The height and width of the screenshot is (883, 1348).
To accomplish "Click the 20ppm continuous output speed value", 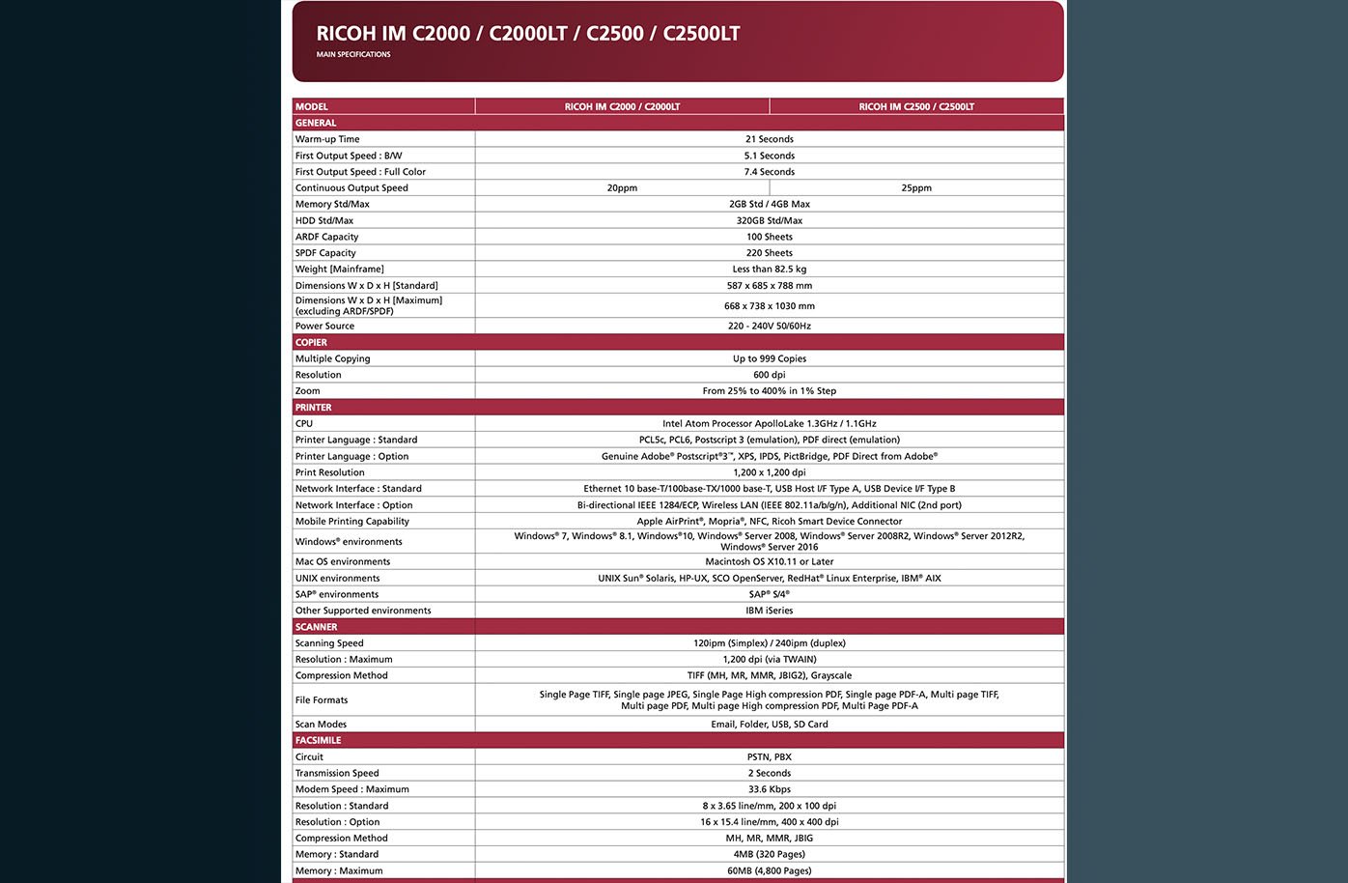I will [622, 188].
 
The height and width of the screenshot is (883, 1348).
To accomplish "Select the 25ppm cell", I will [916, 188].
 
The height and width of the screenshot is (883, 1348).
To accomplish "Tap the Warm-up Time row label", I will [327, 139].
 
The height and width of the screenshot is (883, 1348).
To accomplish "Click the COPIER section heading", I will [312, 343].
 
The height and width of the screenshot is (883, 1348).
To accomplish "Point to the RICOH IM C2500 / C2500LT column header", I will [916, 107].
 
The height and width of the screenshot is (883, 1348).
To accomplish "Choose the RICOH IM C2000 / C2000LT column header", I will [622, 107].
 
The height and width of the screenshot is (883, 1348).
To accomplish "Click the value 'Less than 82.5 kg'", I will [769, 270].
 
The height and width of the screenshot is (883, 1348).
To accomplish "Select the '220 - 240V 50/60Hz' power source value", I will [769, 327].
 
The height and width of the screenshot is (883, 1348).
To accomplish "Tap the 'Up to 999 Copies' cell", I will [769, 359].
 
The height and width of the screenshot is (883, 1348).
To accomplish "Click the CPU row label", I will [304, 424].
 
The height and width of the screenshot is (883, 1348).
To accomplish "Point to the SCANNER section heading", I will [317, 628].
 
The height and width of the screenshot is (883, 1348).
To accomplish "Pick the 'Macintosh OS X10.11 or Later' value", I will [769, 562].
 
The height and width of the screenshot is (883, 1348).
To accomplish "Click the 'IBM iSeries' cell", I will [769, 612].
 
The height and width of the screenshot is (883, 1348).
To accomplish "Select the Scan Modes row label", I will [321, 725].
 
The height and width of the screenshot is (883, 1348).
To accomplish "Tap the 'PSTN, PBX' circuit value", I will [769, 757].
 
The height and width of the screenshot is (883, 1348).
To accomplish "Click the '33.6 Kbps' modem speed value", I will [769, 790].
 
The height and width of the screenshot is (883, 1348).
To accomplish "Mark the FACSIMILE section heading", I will [319, 741].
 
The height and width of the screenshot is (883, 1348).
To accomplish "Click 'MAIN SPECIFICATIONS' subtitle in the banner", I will [353, 55].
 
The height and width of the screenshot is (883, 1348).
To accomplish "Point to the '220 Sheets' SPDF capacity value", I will [769, 253].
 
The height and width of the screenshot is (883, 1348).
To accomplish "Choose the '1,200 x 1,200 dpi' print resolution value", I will [769, 473].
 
